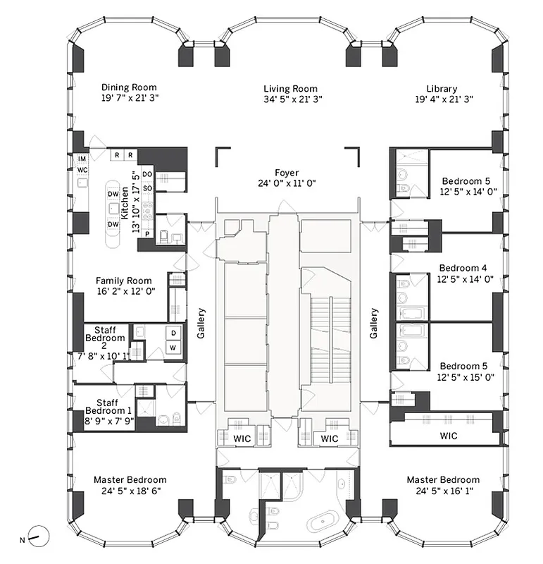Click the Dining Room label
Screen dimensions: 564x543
point(129,87)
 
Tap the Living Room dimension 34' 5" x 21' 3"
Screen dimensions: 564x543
point(291,99)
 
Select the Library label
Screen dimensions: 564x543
point(441,88)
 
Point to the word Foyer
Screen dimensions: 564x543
point(287,173)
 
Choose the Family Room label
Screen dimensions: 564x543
point(125,281)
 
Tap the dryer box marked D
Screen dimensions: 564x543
point(173,333)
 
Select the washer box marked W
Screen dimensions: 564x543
point(173,348)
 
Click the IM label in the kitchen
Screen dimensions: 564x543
point(82,159)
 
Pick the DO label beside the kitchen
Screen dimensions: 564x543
point(147,173)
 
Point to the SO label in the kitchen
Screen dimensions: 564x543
point(147,188)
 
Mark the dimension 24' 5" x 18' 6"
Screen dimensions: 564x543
point(130,491)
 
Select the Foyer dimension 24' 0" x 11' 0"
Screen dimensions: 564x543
point(287,183)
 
